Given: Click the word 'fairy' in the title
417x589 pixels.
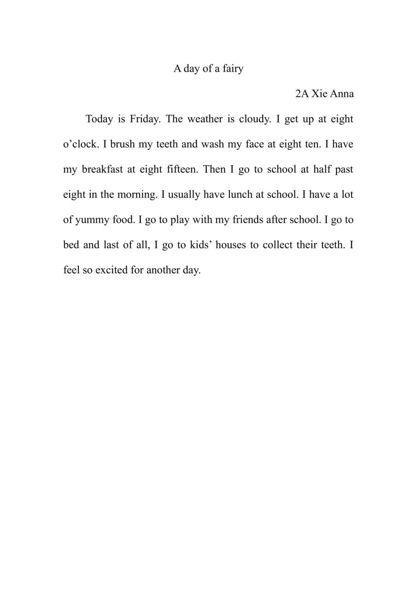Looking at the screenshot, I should click(x=232, y=69).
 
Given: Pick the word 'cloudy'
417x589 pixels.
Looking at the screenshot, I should click(x=253, y=119).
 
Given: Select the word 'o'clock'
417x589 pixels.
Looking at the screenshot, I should click(x=80, y=144).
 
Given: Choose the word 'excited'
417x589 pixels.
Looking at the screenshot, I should click(x=112, y=270).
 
